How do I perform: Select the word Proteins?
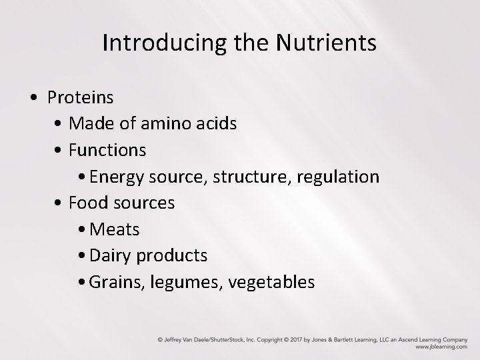click(x=80, y=97)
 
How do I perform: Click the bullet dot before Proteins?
click(x=33, y=98)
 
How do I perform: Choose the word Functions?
click(x=107, y=150)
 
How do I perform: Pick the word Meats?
click(x=114, y=229)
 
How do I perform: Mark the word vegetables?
click(x=271, y=283)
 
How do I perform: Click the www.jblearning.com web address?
click(x=441, y=347)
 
